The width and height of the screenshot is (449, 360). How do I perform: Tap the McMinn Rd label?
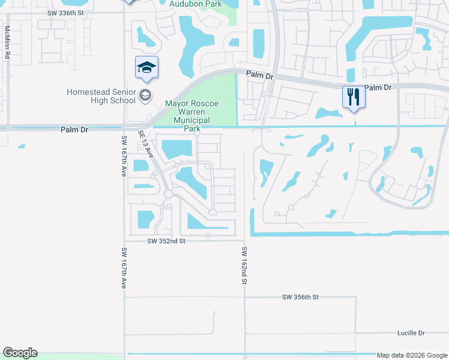pos(7,41)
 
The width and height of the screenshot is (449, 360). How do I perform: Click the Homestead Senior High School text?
pos(101,96)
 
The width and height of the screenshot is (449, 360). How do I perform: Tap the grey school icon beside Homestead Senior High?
pos(145,95)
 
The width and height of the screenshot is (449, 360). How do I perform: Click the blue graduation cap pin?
pos(146,68)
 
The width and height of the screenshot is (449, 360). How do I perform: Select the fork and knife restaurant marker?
pos(353,96)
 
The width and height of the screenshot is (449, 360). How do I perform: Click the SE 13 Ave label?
pos(146,143)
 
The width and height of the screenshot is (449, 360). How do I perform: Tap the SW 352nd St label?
pos(167,241)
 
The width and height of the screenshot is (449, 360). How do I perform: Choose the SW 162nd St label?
pos(244,266)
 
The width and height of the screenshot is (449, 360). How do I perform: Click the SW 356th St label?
pos(300,297)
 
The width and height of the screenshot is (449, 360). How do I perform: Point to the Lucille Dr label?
pos(411,332)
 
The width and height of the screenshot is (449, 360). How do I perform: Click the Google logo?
pos(20,353)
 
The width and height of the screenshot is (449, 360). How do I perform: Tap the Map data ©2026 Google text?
pos(411,355)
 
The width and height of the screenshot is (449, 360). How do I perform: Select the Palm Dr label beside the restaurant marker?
pos(378,88)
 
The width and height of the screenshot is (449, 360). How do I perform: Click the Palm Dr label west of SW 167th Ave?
pos(74,129)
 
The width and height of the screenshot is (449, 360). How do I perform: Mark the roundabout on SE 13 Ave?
pos(169,194)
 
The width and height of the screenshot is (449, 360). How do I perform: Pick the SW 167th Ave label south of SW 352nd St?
pos(124,270)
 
